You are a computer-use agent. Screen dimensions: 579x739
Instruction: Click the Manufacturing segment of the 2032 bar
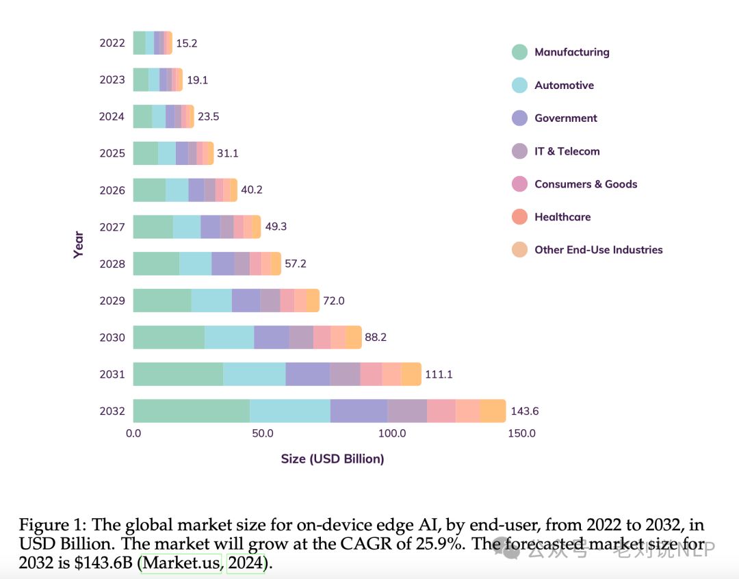click(191, 411)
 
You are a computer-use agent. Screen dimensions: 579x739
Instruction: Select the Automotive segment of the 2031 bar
click(254, 374)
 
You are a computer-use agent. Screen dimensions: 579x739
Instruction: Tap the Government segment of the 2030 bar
click(271, 337)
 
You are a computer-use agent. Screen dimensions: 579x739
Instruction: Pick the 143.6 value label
click(525, 411)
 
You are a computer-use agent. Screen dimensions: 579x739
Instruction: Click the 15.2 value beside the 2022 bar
click(187, 43)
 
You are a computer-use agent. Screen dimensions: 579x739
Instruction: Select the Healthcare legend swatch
click(520, 217)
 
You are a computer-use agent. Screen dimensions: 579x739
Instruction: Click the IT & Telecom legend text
click(567, 151)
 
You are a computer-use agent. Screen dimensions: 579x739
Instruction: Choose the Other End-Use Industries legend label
click(598, 250)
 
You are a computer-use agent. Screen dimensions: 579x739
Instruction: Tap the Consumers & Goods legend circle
click(520, 184)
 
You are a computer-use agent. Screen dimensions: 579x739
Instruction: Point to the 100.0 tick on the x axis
click(393, 433)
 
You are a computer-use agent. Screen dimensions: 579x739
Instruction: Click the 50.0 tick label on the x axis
click(263, 433)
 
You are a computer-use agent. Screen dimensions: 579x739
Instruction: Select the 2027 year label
click(112, 227)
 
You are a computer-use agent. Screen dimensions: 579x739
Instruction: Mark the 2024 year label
click(112, 116)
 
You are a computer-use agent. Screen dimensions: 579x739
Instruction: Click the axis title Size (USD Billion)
click(333, 459)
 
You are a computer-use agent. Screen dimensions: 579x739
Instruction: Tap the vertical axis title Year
click(79, 245)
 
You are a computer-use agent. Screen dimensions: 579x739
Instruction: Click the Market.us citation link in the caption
click(181, 564)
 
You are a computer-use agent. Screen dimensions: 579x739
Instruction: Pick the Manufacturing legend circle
click(520, 52)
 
